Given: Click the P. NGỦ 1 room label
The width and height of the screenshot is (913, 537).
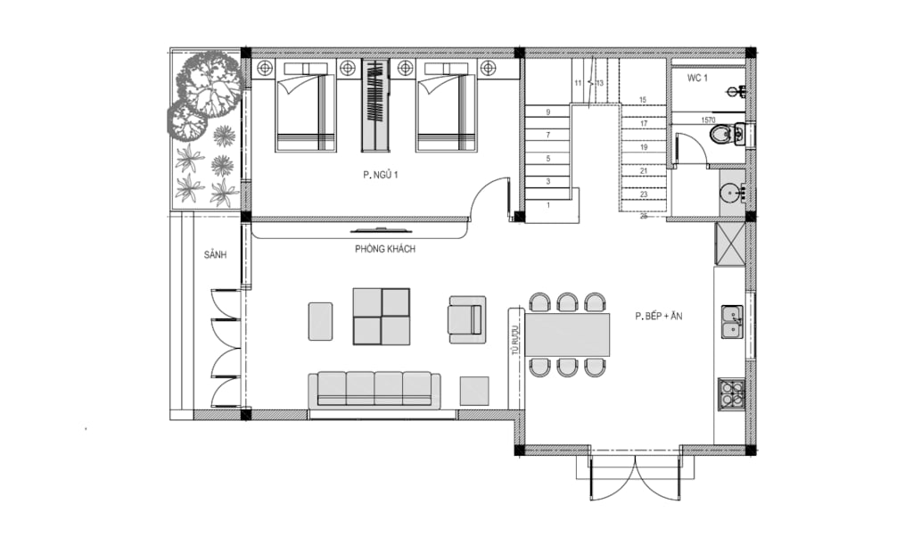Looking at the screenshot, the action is (380, 175).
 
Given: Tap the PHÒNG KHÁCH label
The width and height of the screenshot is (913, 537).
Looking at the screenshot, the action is (385, 249).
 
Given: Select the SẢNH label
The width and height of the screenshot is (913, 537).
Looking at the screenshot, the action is (216, 255).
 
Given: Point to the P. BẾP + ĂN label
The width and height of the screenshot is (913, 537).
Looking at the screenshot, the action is (659, 317).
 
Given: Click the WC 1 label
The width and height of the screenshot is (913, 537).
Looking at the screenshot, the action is (697, 78).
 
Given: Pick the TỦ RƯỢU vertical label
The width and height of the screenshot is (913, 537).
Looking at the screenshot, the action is (514, 340).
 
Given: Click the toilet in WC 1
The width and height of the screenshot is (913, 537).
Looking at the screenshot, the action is (726, 135).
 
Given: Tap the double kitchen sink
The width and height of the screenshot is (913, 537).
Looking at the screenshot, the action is (732, 322).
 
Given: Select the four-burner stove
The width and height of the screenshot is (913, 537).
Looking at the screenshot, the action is (732, 393).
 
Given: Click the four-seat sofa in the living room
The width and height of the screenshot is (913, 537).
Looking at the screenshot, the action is (374, 390).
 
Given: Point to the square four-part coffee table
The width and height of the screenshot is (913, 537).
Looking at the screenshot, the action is (382, 317).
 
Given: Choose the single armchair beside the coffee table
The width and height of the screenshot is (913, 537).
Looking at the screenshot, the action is (467, 319).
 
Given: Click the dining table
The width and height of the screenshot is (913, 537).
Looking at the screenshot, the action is (568, 335).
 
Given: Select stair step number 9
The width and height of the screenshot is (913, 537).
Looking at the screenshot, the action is (548, 112).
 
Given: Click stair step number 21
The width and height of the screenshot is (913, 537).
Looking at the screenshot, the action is (644, 171).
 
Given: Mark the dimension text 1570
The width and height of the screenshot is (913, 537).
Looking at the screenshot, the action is (708, 120).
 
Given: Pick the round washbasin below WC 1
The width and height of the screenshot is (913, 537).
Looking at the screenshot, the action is (731, 192).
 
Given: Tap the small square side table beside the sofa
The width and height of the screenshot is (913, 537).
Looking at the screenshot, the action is (474, 391).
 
